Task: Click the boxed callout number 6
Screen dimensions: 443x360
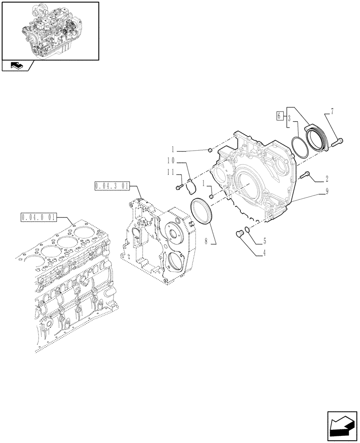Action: (278, 116)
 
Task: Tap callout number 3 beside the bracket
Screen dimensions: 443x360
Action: (288, 119)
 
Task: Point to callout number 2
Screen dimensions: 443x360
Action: (326, 179)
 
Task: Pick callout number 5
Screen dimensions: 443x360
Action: (265, 242)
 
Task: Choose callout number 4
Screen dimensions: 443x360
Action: (265, 254)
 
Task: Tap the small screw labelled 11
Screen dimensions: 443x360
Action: (178, 188)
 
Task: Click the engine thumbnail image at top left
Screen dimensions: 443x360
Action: (50, 30)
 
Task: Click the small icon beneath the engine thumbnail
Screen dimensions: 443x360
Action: (17, 66)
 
